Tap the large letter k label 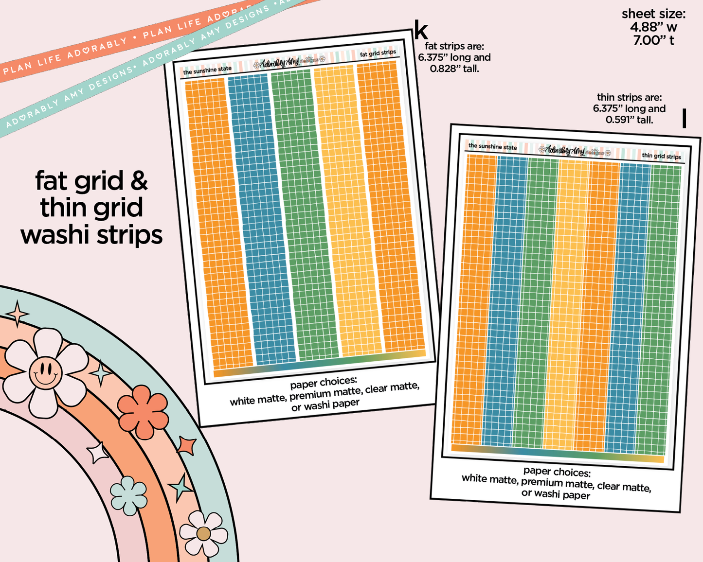pos(421,31)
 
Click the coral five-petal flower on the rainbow pos(143,412)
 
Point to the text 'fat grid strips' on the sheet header pos(378,53)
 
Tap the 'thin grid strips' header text pos(661,156)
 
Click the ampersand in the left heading pos(139,181)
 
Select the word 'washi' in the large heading pos(55,235)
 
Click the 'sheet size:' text pos(653,14)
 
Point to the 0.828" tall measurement pos(454,69)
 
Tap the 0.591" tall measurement pos(629,120)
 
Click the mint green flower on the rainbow pos(128,495)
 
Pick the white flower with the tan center pos(203,534)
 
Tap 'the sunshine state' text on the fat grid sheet pos(207,70)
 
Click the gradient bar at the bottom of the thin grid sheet pos(557,453)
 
